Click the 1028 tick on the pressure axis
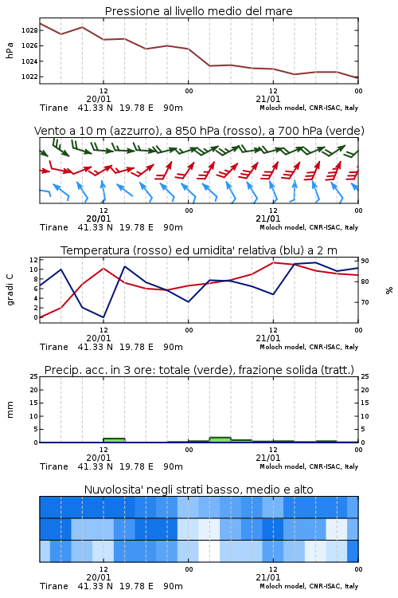29,30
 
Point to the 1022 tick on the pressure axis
29,77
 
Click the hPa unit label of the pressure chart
10,50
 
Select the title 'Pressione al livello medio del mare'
198,11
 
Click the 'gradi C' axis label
10,290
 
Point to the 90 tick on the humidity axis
365,261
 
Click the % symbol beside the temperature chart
389,290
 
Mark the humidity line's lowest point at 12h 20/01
103,317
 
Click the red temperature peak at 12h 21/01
273,262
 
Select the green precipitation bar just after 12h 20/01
114,440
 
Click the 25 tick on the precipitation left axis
34,376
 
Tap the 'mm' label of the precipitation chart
10,410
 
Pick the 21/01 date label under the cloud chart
268,577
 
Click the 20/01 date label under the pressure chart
99,99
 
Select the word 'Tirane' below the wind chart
53,227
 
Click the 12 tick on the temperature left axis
34,260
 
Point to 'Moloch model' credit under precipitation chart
283,466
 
